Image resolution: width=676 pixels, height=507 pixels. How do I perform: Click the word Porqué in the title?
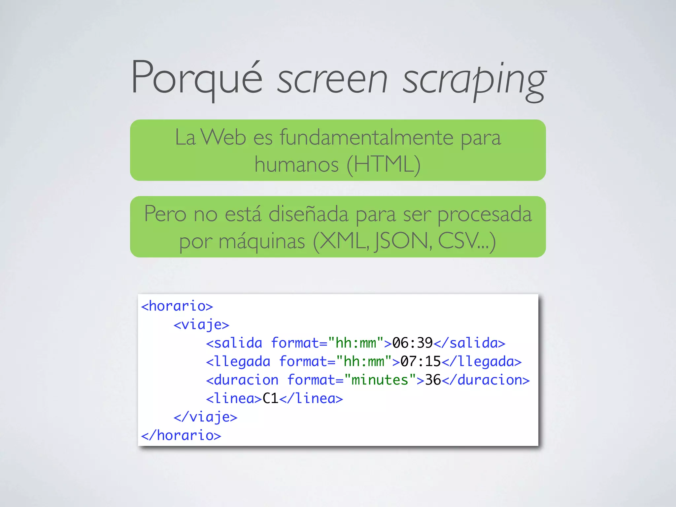coord(197,79)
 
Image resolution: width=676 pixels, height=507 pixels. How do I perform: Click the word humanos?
coord(296,164)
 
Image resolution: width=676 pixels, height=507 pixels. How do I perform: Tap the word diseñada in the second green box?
coord(309,214)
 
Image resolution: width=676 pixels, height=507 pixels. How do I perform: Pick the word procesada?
coord(485,215)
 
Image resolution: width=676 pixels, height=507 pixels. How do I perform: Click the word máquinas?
coord(262,241)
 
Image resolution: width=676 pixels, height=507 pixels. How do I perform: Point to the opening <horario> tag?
coord(177,306)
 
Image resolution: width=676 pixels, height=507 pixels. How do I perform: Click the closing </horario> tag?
coord(181,435)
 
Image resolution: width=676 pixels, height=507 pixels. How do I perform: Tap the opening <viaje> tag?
coord(201,325)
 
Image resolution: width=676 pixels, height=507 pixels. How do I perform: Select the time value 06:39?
coord(412,343)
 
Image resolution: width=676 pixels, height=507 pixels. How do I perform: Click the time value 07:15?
coord(421,361)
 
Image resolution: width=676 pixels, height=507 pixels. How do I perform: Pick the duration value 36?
coord(433,380)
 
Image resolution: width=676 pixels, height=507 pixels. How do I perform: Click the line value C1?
coord(270,398)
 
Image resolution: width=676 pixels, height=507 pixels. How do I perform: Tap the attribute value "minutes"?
coord(380,380)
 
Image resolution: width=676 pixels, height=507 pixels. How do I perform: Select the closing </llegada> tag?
coord(482,361)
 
